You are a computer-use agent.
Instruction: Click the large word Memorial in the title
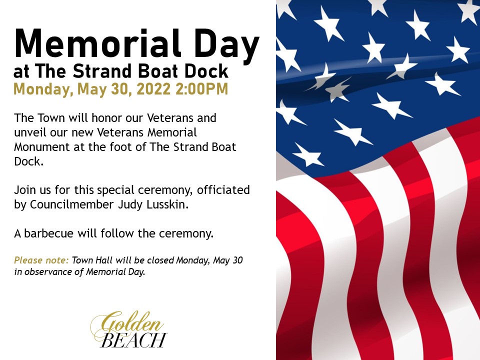[x=97, y=43]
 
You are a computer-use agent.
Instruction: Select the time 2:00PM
[x=202, y=89]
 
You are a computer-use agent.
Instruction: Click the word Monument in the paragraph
[x=42, y=147]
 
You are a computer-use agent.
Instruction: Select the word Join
[x=24, y=190]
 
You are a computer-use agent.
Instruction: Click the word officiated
[x=223, y=190]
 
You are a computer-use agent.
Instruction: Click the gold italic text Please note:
[x=41, y=260]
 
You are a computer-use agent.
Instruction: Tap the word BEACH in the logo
[x=134, y=340]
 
